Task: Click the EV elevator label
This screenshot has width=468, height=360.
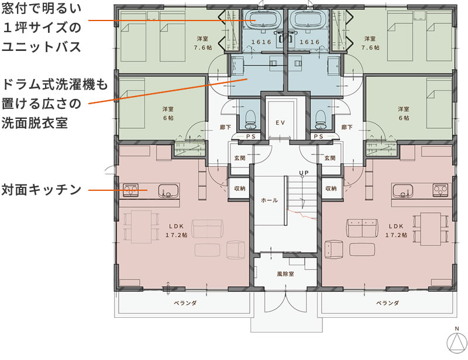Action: coord(280,122)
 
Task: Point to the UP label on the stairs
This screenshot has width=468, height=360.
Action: coord(304,173)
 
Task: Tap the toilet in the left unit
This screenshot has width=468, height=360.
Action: coord(250,119)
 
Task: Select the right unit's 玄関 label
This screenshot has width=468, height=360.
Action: coord(329,158)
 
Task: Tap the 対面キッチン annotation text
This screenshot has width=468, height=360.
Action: coord(40,190)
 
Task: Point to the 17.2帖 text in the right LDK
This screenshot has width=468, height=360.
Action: coord(395,235)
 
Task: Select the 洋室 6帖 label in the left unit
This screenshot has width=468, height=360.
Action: coord(168,113)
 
